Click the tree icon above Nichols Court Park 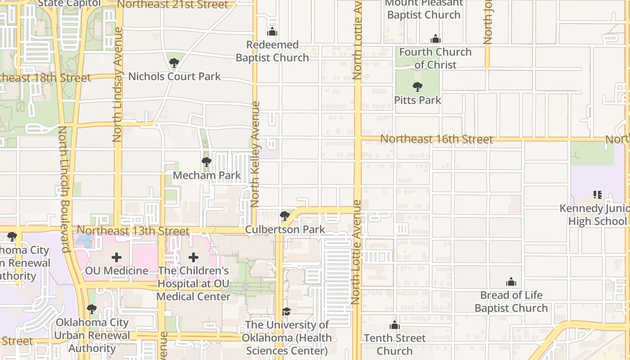point(174,63)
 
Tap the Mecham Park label point(207,175)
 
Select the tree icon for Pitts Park point(418,87)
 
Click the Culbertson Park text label point(285,229)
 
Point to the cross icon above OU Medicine point(117,257)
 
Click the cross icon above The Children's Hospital point(193,257)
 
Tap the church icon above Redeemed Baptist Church point(272,32)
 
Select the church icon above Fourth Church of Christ point(435,39)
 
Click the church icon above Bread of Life point(511,282)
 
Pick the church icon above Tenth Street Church point(395,325)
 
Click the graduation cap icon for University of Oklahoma point(287,311)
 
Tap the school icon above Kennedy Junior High point(598,195)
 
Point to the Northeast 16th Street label point(436,139)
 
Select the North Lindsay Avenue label point(118,85)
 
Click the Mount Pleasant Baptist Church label point(423,9)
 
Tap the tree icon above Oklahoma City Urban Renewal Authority point(92,309)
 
